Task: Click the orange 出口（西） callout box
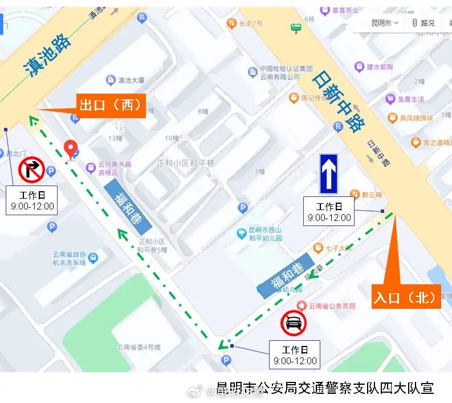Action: (x=112, y=106)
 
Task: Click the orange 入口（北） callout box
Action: (x=406, y=297)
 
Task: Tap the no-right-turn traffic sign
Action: (x=32, y=170)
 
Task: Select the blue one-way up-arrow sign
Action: (x=328, y=174)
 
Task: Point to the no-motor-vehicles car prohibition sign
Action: (x=294, y=324)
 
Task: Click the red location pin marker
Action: (x=71, y=149)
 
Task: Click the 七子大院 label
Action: (x=339, y=248)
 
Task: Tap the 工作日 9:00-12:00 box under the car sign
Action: (x=295, y=355)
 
